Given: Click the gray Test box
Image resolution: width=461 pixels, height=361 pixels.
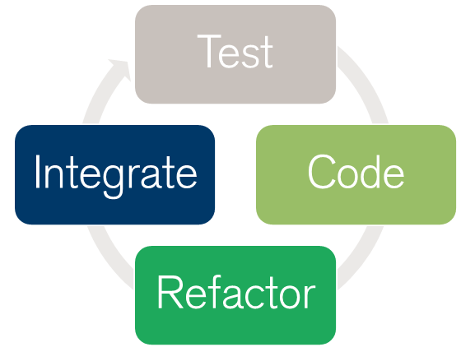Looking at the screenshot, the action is (235, 54).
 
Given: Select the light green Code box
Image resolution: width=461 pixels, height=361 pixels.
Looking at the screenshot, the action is (356, 175).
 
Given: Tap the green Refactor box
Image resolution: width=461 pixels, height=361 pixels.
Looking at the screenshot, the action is (235, 295).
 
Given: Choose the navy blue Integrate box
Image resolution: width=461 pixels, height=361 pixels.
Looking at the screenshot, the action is (114, 175).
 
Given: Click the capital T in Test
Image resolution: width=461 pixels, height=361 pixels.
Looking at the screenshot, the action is (209, 51).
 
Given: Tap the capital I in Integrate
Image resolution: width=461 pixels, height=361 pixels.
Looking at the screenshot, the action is (37, 172).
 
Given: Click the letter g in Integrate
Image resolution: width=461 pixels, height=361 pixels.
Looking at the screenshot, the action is (113, 180).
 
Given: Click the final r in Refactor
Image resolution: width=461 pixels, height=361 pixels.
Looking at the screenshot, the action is (310, 296).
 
